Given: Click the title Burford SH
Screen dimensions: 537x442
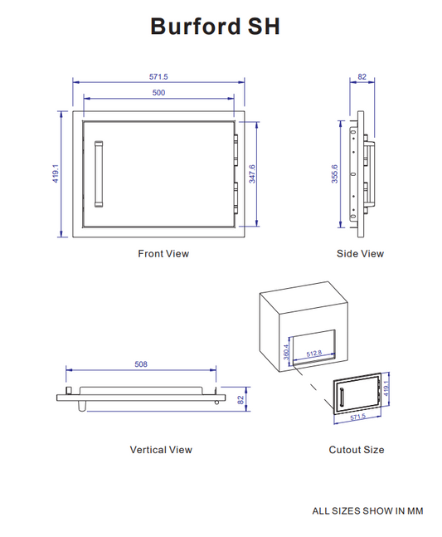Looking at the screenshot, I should [x=215, y=27].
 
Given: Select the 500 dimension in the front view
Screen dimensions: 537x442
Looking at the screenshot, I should [x=158, y=93].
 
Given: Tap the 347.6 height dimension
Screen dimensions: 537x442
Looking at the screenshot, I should [x=252, y=173].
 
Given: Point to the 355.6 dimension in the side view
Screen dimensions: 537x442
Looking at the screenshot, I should [x=336, y=174].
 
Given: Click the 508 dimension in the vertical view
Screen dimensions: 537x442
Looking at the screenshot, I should [x=142, y=364].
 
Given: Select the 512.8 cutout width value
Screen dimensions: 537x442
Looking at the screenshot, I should [x=313, y=354].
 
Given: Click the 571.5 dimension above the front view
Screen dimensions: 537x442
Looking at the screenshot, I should [x=158, y=76].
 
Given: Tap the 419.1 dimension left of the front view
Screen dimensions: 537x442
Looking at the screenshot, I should [x=56, y=174].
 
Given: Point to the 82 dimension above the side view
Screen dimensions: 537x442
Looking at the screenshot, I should [x=362, y=76].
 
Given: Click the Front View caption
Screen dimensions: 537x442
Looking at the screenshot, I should [x=163, y=253].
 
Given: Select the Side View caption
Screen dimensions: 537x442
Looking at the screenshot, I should [x=360, y=253].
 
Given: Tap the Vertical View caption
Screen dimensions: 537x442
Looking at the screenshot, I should [x=161, y=449].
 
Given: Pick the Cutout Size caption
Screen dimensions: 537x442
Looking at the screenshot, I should [x=357, y=449].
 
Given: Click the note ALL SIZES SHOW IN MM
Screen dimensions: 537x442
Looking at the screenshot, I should [x=367, y=510].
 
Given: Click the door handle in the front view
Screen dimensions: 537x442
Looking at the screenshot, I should [x=100, y=173].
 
